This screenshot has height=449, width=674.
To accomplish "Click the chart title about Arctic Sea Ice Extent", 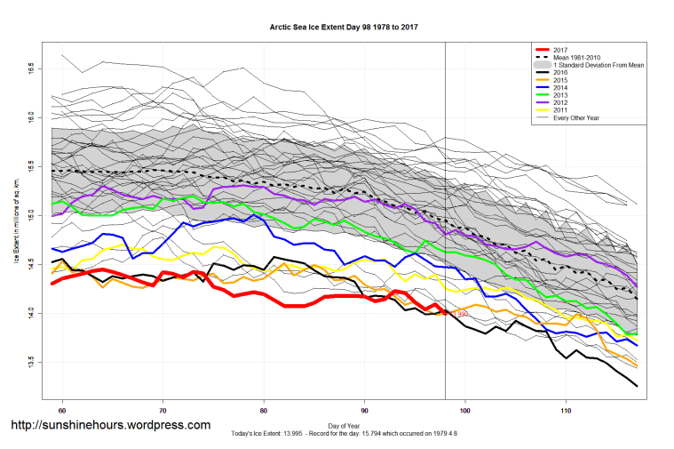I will pyautogui.click(x=344, y=28).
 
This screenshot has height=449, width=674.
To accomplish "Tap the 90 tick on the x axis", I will pyautogui.click(x=364, y=412).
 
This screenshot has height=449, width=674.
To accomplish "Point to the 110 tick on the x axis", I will pyautogui.click(x=566, y=412).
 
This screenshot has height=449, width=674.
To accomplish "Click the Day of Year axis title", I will pyautogui.click(x=344, y=424).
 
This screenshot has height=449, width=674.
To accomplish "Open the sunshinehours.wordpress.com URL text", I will pyautogui.click(x=110, y=425).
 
